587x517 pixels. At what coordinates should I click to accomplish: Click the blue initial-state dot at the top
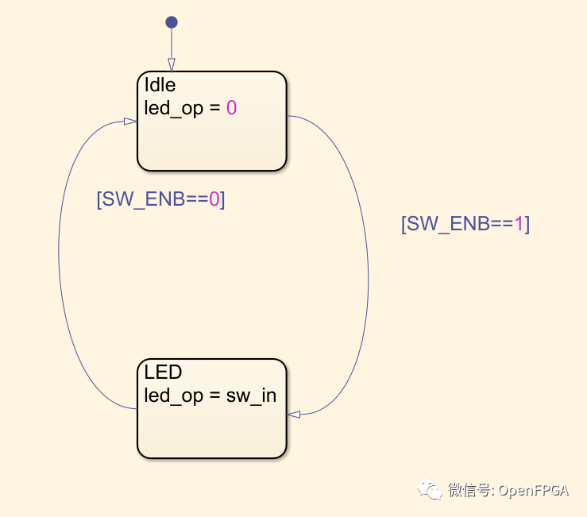tap(171, 22)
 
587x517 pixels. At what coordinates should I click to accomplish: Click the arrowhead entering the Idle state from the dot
tap(171, 65)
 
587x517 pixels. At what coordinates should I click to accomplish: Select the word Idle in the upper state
tap(160, 85)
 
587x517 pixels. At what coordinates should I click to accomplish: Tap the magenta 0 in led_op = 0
tap(232, 108)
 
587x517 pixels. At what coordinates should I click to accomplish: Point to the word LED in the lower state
tap(163, 372)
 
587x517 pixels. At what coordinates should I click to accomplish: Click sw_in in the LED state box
tap(253, 395)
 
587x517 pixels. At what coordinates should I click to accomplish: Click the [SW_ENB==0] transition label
tap(160, 199)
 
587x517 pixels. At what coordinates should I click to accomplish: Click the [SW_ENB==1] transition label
tap(465, 224)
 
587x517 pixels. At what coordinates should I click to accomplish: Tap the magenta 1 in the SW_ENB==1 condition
tap(519, 224)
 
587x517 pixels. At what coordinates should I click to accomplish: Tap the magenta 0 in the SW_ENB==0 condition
tap(214, 199)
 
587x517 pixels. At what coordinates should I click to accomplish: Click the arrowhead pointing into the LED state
tap(294, 414)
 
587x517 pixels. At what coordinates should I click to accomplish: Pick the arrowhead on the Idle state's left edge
tap(130, 121)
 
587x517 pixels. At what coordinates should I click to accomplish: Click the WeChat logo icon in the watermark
tap(433, 490)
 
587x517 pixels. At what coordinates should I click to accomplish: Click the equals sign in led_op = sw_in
tap(216, 395)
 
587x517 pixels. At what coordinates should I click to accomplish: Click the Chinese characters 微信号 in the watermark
tap(469, 491)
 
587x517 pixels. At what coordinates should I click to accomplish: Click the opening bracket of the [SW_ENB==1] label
tap(404, 224)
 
